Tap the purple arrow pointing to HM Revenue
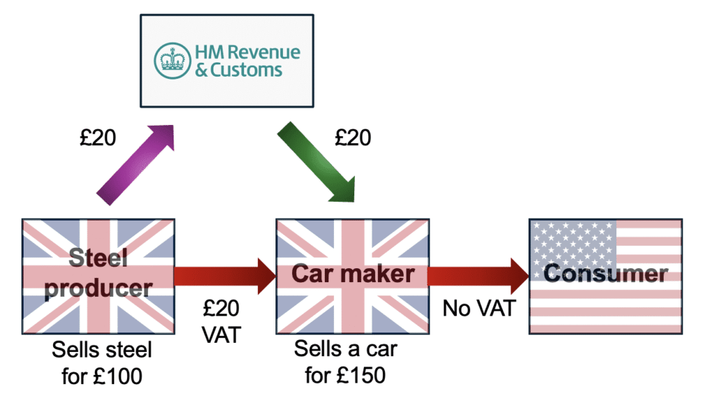[136, 165]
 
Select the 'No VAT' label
[478, 308]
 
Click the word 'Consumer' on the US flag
[605, 273]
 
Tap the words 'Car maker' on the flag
[352, 273]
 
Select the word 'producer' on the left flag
[98, 287]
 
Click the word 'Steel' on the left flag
[98, 259]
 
